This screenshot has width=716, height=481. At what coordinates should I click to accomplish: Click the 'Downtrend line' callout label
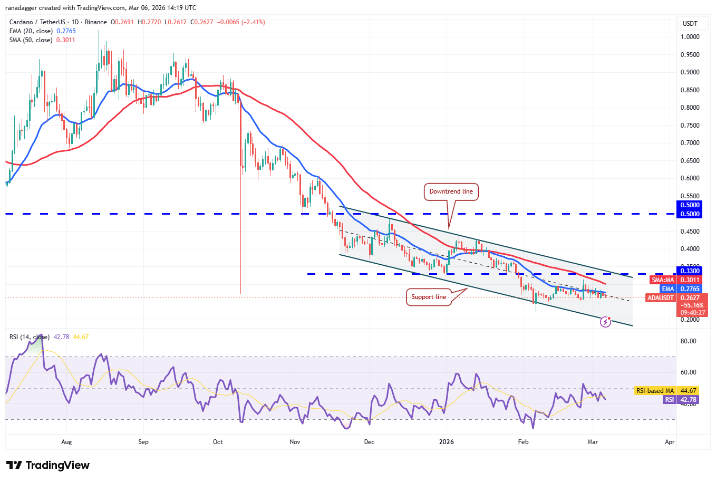451,191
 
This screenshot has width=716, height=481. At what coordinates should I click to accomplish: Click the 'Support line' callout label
429,297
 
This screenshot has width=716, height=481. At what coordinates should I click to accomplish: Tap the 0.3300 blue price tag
690,271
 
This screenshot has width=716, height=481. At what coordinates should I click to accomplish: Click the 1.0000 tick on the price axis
690,37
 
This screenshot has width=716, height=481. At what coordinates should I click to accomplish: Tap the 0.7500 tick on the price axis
690,126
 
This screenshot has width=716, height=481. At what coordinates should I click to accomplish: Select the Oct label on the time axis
218,442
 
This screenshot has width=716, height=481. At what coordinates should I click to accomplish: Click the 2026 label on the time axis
447,442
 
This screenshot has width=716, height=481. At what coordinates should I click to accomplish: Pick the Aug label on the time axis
66,442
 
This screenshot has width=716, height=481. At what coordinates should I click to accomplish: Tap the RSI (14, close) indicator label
30,337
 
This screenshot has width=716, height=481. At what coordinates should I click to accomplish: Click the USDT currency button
690,24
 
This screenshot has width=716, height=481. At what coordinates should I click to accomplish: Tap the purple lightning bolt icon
606,321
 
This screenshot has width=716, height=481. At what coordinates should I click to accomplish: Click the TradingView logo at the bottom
48,465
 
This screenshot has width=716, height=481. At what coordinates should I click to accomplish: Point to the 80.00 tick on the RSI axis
688,341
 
